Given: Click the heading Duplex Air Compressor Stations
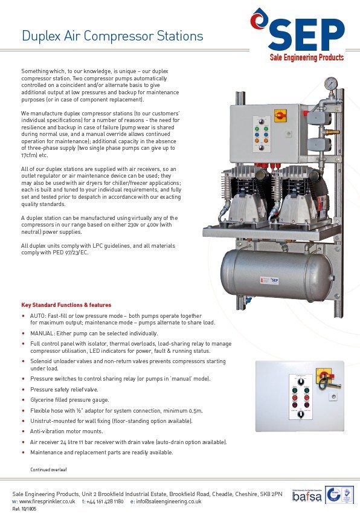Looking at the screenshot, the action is click(112, 36).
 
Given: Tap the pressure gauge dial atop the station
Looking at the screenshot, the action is click(330, 83).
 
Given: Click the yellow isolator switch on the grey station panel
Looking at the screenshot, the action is click(280, 115).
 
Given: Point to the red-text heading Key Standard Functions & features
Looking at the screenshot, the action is click(66, 305).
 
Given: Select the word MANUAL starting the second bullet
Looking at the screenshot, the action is click(43, 333).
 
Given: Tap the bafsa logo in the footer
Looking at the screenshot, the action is click(307, 495).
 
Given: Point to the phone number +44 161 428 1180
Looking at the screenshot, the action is click(105, 501).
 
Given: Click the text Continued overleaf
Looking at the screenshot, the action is click(48, 469).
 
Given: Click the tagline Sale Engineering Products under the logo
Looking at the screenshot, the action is click(306, 57).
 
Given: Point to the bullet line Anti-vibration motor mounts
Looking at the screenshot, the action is click(66, 431).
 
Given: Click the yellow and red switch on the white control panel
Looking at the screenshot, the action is click(325, 379).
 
